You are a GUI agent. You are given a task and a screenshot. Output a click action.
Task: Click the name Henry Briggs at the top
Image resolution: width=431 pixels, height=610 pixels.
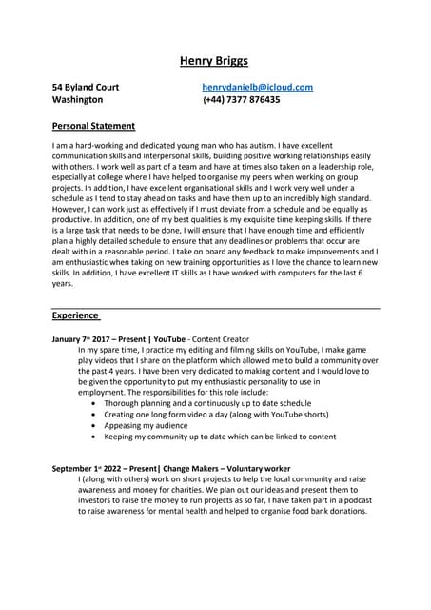(x=214, y=62)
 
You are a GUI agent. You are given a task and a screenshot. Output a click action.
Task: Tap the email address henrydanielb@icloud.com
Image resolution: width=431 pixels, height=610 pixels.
(x=257, y=88)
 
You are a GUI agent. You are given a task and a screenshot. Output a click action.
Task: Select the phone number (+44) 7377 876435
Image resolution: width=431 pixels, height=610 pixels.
(x=242, y=99)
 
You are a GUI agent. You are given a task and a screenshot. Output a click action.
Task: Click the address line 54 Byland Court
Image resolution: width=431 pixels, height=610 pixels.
(x=86, y=88)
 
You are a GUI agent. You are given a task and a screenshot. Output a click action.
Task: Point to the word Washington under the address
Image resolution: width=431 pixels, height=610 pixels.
(x=78, y=99)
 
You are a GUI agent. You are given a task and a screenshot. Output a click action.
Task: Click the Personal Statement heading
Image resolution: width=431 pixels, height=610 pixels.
(x=93, y=126)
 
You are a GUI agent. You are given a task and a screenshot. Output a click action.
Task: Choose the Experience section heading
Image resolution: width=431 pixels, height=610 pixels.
(x=75, y=315)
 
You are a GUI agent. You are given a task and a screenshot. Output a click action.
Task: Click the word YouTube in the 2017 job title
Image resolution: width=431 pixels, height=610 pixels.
(x=169, y=338)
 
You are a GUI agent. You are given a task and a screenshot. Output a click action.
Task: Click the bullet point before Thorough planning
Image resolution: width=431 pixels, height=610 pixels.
(x=91, y=404)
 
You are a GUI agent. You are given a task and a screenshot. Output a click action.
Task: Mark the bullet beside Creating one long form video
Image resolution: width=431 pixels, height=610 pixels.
(x=91, y=416)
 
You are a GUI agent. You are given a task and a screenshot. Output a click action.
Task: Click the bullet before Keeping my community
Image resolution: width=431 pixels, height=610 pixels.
(x=91, y=437)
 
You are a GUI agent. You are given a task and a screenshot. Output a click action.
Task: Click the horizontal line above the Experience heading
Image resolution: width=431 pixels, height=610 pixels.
(x=215, y=308)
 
